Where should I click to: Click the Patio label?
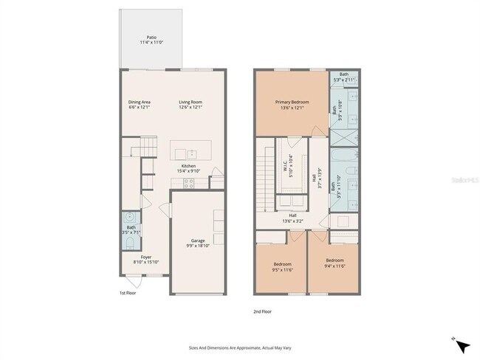pos(151,37)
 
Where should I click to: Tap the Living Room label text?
pos(190,103)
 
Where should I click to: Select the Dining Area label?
pos(139,103)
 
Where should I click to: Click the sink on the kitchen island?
pos(192,153)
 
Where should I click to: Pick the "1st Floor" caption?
pos(128,293)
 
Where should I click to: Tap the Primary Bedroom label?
pos(292,103)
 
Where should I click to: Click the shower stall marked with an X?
pos(343,137)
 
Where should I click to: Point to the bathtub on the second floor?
pos(343,157)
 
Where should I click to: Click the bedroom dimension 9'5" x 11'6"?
pos(282,269)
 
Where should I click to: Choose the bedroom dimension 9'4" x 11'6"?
pos(335,264)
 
